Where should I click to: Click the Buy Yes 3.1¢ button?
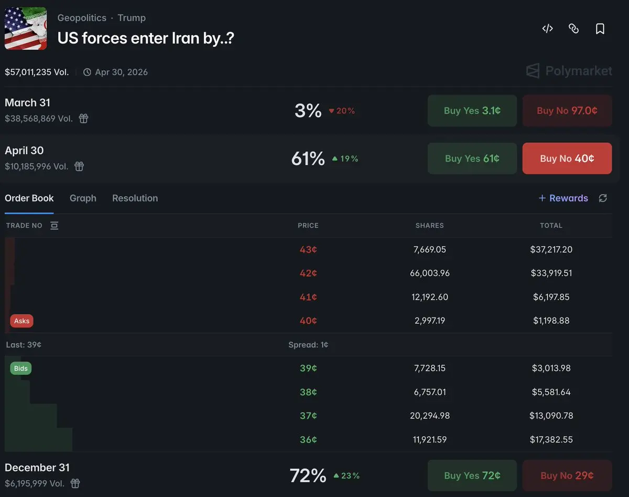coord(472,111)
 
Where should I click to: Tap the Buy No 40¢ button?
coord(567,158)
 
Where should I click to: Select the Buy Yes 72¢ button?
coord(472,475)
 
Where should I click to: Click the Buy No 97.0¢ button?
coord(567,111)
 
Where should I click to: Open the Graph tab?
coord(83,198)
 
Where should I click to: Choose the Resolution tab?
coord(135,198)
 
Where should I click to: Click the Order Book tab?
coord(29,198)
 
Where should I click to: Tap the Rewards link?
coord(563,198)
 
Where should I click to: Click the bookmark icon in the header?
coord(600,29)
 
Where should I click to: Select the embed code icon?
coord(547,29)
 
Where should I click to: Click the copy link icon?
coord(573,29)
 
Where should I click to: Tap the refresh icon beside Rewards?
coord(603,198)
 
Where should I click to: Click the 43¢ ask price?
coord(308,250)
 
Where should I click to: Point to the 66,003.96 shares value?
coord(429,273)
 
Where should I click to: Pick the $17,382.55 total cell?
coord(551,440)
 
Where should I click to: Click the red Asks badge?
coord(21,321)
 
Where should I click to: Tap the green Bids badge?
coord(21,368)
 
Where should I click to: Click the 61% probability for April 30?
coord(308,158)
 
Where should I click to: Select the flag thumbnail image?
coord(26,29)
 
